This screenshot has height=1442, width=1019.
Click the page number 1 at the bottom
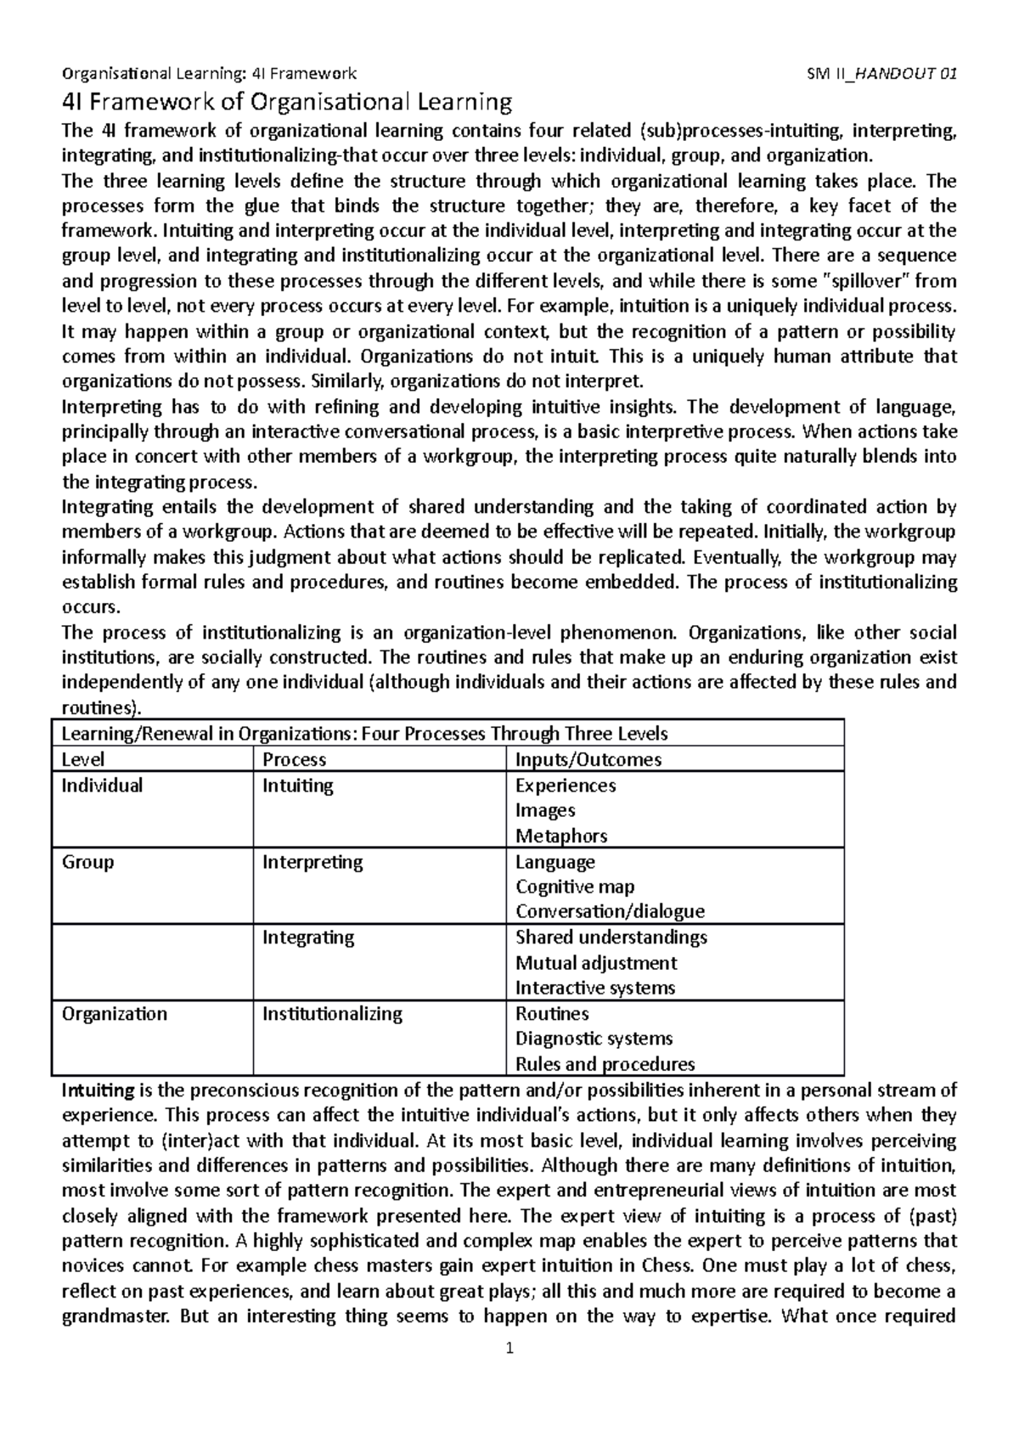point(509,1348)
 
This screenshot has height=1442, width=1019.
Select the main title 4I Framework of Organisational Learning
point(288,103)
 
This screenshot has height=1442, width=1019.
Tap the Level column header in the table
point(83,759)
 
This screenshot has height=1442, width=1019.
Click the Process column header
point(294,759)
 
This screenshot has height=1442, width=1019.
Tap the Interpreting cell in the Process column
point(312,861)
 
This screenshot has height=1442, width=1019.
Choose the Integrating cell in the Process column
point(307,937)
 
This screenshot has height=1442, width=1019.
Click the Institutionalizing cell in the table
point(331,1013)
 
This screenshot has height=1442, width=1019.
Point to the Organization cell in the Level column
point(114,1013)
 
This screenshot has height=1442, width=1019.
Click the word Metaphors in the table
point(560,836)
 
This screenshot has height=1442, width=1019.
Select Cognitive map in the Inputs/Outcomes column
point(574,887)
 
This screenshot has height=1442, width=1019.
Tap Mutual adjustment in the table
point(596,962)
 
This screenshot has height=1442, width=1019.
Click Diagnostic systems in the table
point(594,1039)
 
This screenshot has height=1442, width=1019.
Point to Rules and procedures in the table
point(605,1064)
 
